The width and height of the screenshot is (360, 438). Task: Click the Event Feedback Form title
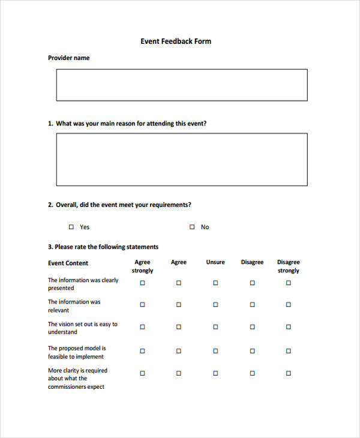click(176, 41)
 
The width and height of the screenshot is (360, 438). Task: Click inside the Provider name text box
click(181, 85)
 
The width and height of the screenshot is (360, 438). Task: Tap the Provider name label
click(68, 58)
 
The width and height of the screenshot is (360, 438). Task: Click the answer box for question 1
click(181, 159)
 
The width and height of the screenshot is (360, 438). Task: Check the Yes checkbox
click(71, 227)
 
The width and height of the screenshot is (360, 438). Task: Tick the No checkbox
click(192, 227)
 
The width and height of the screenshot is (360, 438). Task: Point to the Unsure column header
click(215, 262)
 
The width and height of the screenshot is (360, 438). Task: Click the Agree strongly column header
click(142, 266)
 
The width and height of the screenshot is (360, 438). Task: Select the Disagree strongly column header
click(288, 266)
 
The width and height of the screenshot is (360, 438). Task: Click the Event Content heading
click(68, 263)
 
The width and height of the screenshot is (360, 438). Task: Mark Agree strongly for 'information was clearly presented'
click(142, 283)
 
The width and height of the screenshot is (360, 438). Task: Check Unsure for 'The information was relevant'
click(215, 304)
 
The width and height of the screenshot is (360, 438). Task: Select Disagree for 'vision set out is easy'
click(252, 327)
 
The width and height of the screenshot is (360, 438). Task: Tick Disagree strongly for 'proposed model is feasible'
click(288, 351)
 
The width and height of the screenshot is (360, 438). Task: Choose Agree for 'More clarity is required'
click(178, 373)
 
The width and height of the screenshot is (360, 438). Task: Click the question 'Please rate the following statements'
click(103, 247)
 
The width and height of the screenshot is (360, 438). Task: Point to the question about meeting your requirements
click(119, 205)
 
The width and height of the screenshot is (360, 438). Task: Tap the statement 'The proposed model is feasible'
click(77, 352)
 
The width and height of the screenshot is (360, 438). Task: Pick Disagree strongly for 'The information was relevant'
click(288, 304)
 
